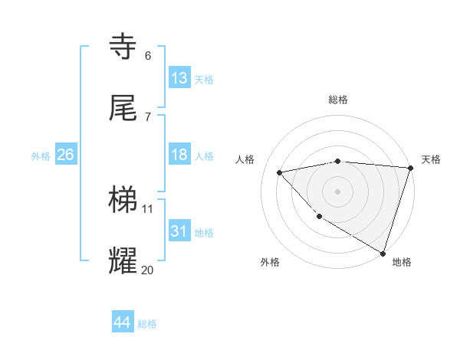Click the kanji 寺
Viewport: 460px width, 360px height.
tap(124, 47)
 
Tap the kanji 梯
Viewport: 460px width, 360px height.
tap(124, 201)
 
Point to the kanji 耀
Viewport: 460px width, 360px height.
tap(124, 260)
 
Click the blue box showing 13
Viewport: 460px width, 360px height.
tap(179, 78)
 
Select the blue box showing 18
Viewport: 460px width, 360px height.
tap(179, 155)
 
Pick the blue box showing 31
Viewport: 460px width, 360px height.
tap(179, 231)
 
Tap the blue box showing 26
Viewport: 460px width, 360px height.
tap(65, 155)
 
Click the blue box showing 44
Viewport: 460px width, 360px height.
tap(123, 322)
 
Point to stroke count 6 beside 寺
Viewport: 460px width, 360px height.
tap(148, 56)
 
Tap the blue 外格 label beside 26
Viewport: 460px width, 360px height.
tap(41, 156)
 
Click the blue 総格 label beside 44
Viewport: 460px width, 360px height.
tap(147, 324)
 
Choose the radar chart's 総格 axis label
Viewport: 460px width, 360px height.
tap(338, 100)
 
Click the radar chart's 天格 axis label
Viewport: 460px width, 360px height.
tap(431, 159)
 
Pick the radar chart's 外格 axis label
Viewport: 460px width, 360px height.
tap(270, 263)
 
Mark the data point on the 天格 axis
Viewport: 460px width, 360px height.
tap(410, 168)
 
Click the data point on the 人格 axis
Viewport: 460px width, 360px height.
tap(280, 172)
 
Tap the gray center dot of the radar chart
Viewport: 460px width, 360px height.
tap(337, 191)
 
